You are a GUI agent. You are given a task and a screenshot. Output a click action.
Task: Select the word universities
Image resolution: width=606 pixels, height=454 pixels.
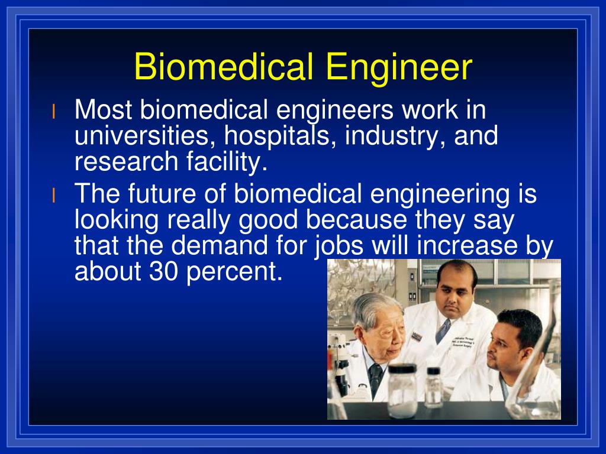[138, 137]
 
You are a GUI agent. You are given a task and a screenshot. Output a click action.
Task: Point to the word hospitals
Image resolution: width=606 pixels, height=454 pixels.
[273, 137]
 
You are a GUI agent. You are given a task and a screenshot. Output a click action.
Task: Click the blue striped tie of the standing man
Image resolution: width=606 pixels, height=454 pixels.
[443, 331]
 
